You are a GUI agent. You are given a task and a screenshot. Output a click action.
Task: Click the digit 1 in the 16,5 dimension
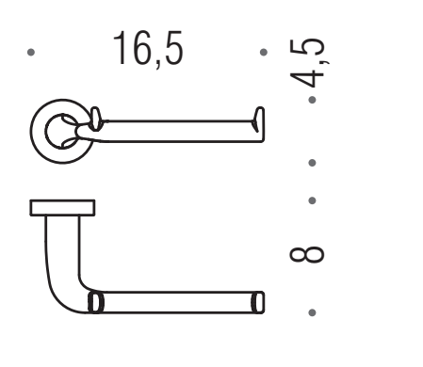coord(120,48)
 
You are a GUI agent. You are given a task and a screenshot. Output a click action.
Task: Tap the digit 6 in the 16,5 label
coord(142,48)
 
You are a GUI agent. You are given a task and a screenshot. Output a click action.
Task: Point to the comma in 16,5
coord(158,63)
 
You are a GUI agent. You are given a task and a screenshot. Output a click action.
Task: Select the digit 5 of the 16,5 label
coord(173,48)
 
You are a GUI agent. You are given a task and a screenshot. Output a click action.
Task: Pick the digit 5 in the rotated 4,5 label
coord(307,46)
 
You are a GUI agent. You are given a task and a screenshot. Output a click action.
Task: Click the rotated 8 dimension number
coord(306,254)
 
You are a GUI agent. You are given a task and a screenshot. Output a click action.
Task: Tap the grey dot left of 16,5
coord(31,52)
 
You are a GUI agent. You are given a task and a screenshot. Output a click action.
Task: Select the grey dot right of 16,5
coord(264,52)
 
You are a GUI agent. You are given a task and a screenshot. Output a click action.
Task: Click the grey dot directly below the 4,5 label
coord(312,100)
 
